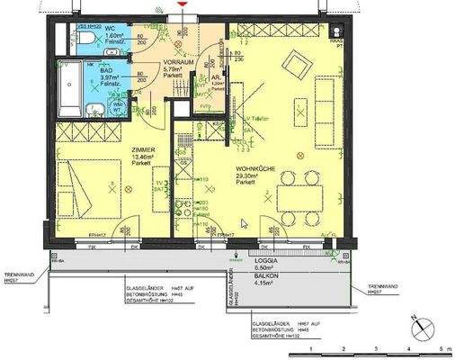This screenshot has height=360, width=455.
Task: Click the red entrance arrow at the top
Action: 184,6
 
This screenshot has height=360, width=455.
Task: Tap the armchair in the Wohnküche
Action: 296,63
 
